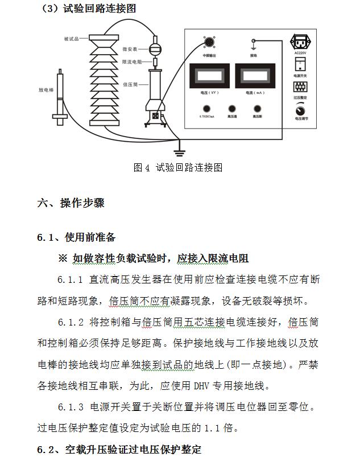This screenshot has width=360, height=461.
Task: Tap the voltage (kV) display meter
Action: click(206, 77)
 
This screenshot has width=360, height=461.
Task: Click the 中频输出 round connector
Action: click(208, 43)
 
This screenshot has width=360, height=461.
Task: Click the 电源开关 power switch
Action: click(300, 64)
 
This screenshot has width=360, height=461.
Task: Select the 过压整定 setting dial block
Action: click(300, 87)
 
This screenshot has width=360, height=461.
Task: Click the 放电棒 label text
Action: click(46, 90)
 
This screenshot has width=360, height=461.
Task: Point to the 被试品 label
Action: click(72, 39)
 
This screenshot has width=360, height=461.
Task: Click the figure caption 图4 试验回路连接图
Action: click(177, 167)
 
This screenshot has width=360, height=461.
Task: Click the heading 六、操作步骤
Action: click(71, 203)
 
